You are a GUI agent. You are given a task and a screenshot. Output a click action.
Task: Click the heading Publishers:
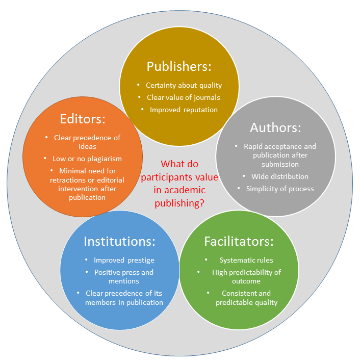179,66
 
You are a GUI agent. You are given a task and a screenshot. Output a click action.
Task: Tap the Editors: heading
83,119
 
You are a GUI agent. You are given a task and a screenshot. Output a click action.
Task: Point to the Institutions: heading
119,241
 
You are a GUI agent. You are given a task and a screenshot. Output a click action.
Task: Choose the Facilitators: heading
239,241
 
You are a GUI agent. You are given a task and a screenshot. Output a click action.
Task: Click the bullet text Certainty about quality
184,85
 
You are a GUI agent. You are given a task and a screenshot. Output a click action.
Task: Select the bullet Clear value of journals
184,97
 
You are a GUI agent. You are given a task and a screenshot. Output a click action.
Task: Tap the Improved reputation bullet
184,110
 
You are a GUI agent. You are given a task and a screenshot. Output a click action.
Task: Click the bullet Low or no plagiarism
86,159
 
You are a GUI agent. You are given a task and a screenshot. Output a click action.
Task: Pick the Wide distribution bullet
279,176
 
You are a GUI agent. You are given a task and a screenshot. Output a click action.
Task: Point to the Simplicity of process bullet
279,189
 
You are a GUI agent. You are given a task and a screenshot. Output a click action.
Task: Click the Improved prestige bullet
124,260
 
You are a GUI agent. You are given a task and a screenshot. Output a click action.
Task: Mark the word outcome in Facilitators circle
246,281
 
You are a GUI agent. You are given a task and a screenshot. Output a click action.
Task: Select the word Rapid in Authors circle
253,146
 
